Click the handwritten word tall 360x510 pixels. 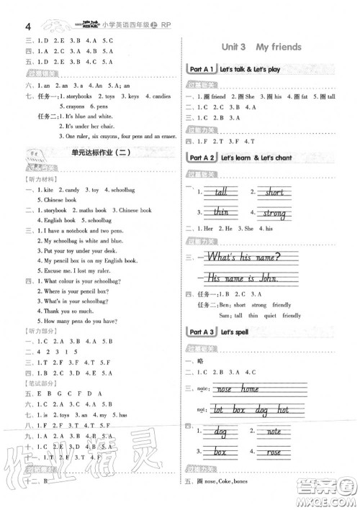coord(220,192)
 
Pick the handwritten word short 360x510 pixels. coord(274,192)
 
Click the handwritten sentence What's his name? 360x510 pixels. coord(243,258)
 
